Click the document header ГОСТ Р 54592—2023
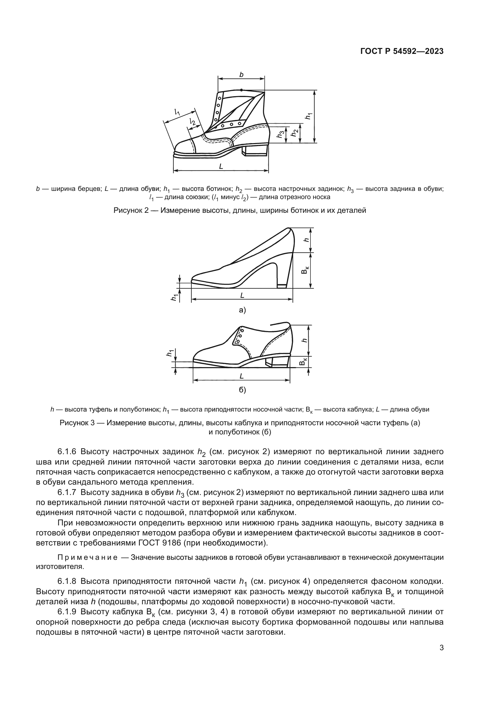pyautogui.click(x=402, y=51)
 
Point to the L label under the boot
pyautogui.click(x=221, y=167)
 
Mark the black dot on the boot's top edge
pyautogui.click(x=241, y=90)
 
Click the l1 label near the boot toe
pyautogui.click(x=177, y=112)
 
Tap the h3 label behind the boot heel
pyautogui.click(x=281, y=134)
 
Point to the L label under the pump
pyautogui.click(x=242, y=296)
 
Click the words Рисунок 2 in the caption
pyautogui.click(x=132, y=211)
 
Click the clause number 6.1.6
pyautogui.click(x=68, y=451)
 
